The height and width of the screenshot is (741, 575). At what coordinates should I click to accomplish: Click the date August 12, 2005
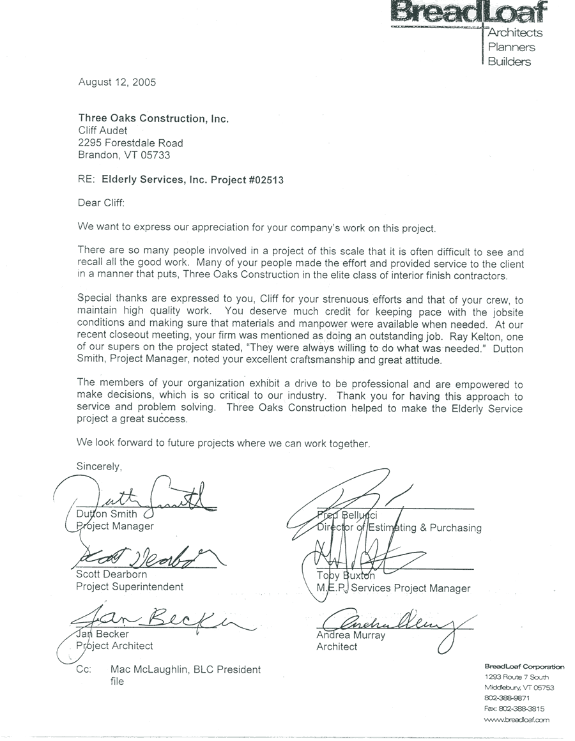[117, 82]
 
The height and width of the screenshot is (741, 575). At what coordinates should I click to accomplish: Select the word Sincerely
[99, 466]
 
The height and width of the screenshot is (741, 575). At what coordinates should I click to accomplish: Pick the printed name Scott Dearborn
[112, 574]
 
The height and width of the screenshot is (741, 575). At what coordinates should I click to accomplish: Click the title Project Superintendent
[130, 586]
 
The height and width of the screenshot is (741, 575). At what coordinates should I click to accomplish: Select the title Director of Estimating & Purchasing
[399, 528]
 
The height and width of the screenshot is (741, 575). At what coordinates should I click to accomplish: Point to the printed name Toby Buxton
[347, 576]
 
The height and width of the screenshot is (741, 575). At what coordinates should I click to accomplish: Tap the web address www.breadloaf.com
[517, 719]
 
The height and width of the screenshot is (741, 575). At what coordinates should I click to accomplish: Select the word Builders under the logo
[509, 62]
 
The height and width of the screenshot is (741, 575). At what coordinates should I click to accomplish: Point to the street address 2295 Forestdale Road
[130, 143]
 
